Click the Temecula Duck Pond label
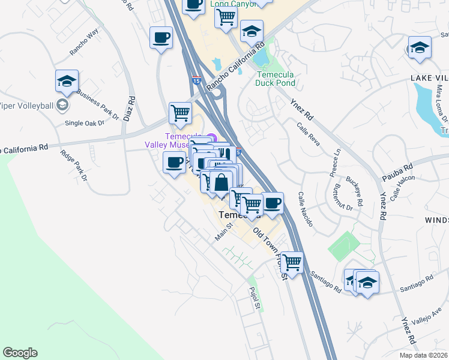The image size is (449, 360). point(276,79)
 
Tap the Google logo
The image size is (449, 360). point(20,353)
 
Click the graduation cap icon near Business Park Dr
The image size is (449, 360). point(67,81)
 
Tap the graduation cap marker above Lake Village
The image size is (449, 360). point(420,48)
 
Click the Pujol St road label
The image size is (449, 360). point(254,298)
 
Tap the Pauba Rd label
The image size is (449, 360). point(398,172)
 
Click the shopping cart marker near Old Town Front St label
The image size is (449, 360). point(292,262)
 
